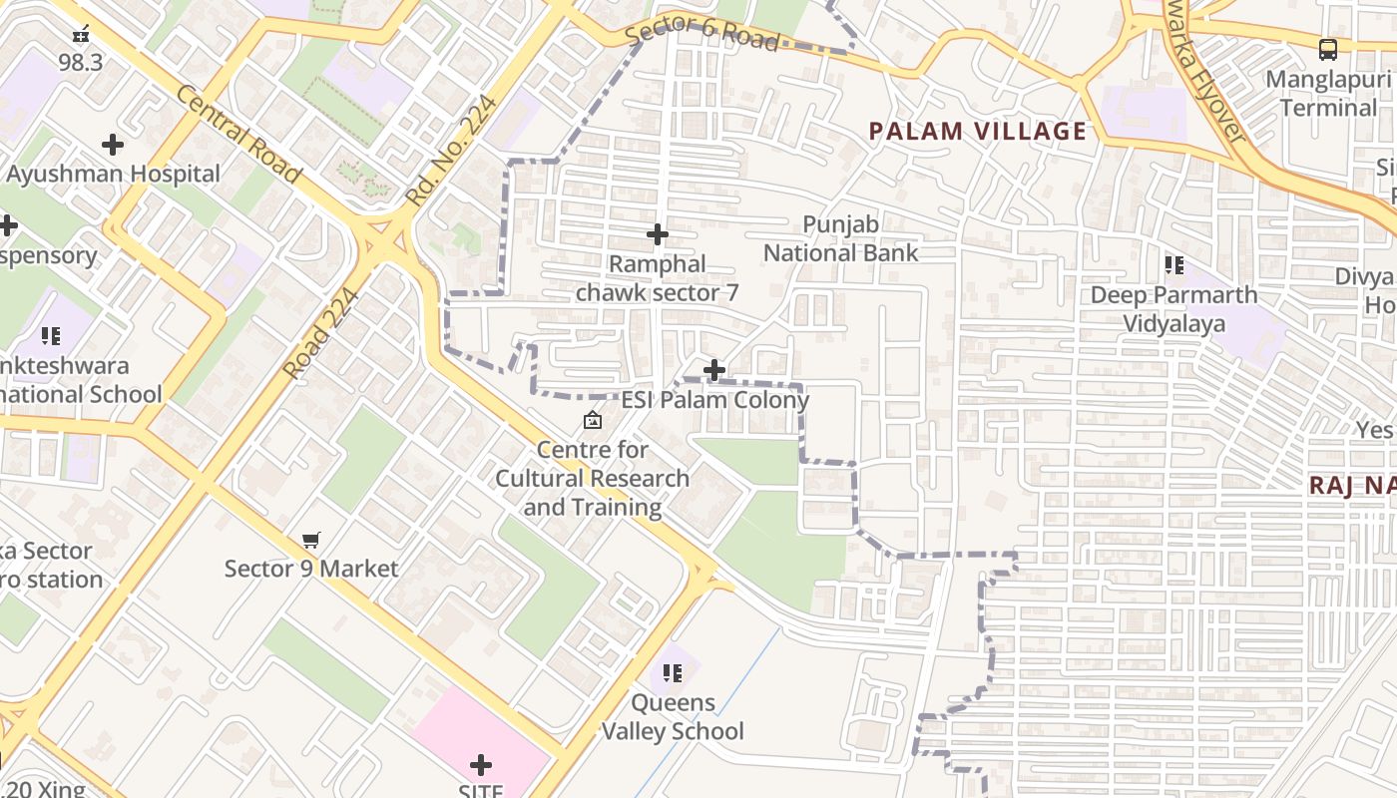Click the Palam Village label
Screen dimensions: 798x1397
[x=977, y=131]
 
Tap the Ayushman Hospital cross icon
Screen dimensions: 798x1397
[x=113, y=146]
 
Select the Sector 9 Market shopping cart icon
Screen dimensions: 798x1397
[x=311, y=540]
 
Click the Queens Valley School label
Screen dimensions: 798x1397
[x=673, y=717]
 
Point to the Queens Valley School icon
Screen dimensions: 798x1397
[x=673, y=673]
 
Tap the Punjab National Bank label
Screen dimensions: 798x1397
[x=840, y=238]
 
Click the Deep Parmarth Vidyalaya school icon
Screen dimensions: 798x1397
[x=1173, y=265]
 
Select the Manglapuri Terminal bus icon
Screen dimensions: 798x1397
[x=1327, y=49]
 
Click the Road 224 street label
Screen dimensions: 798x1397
[x=320, y=334]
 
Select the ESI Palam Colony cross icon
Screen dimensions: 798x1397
[x=714, y=371]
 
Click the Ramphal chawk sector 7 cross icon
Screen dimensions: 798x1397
[x=658, y=235]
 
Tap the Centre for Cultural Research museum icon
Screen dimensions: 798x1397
[x=593, y=420]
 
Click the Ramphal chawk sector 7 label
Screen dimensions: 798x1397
[x=658, y=278]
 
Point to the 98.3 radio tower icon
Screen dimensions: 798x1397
[x=81, y=34]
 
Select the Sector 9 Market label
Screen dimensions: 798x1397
[x=311, y=569]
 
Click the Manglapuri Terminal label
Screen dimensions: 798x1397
[x=1327, y=93]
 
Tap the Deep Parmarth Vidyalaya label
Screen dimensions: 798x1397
[x=1173, y=309]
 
